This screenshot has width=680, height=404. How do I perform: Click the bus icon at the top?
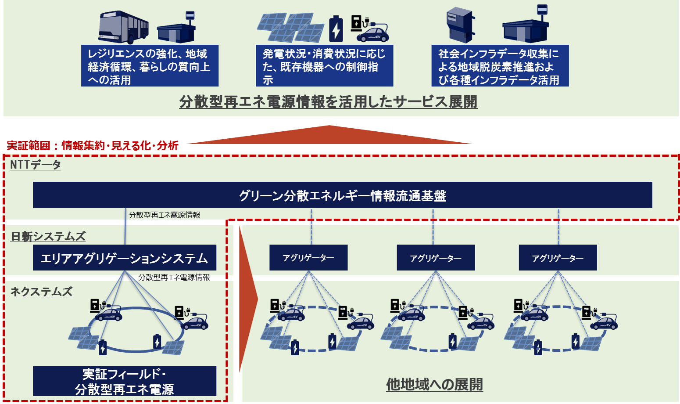[x=123, y=27]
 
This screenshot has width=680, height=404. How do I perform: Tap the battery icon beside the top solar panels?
[x=336, y=29]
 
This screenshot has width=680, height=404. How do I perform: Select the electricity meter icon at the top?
[x=459, y=25]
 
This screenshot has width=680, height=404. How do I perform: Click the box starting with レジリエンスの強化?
[x=150, y=66]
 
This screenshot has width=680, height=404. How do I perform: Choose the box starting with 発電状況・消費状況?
[x=324, y=66]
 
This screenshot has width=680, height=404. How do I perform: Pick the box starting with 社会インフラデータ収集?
[x=500, y=66]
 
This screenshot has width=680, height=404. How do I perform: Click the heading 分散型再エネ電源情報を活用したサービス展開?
[x=328, y=102]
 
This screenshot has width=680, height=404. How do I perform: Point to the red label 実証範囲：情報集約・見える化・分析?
[x=93, y=145]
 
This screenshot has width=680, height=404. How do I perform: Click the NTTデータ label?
[x=35, y=165]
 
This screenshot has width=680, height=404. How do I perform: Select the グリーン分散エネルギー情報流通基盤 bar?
[x=342, y=195]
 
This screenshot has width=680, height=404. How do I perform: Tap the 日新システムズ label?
[x=48, y=236]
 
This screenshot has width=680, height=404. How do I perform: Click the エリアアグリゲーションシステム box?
[x=125, y=258]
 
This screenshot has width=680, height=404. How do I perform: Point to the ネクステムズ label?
[x=41, y=292]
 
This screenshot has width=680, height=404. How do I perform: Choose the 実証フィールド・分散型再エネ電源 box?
[x=125, y=381]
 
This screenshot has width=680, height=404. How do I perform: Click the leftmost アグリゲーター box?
[x=308, y=258]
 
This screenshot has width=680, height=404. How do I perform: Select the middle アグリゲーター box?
[x=436, y=258]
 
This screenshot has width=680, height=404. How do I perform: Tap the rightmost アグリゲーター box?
[x=558, y=258]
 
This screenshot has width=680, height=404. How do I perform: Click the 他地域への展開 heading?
[x=434, y=385]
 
